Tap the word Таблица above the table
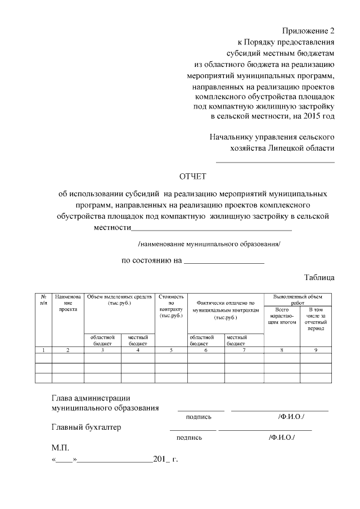click(319, 277)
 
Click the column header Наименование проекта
click(67, 303)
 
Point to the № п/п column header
click(43, 300)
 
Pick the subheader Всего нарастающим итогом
click(282, 316)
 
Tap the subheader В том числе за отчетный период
click(316, 319)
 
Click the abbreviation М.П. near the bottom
click(60, 448)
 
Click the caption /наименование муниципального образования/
click(209, 244)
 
